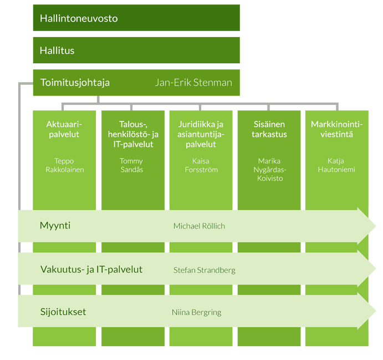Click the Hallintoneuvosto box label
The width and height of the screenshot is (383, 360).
coord(79,18)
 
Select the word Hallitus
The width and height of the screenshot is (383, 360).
coord(57,50)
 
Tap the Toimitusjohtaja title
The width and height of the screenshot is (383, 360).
coord(75,83)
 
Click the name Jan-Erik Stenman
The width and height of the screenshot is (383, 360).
coord(193,83)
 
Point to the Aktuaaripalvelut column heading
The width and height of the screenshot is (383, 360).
coord(64,129)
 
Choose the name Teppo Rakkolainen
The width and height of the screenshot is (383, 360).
coord(65,165)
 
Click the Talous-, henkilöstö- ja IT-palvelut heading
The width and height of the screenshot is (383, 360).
coord(133,134)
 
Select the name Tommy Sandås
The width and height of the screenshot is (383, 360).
coord(132,165)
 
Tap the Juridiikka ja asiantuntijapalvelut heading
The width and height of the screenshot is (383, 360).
coord(201,134)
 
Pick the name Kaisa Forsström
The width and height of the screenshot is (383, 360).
coord(201,165)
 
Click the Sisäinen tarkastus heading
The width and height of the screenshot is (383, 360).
coord(269,129)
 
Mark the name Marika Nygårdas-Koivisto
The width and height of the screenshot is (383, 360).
coord(270,170)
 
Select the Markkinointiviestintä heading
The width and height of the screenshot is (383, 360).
coord(336,129)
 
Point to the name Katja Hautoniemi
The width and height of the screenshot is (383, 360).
coord(336,165)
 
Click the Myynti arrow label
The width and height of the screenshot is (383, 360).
coord(55,226)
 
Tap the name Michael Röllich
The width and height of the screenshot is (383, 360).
coord(199,226)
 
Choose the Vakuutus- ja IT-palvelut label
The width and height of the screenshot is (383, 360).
coord(91,270)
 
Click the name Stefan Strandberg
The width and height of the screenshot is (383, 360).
coord(205,270)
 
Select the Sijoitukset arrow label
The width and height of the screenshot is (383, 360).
coord(63,312)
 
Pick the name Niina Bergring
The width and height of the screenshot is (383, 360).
coord(196,312)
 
